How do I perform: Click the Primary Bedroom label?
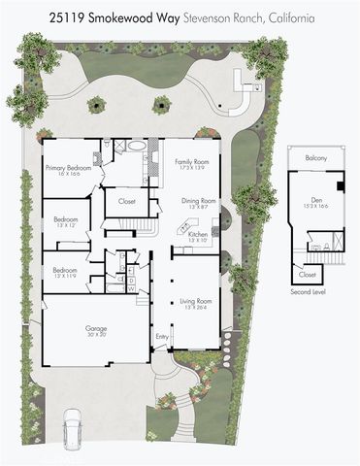click(x=68, y=168)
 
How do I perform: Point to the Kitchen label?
click(x=197, y=234)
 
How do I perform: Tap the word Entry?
click(x=161, y=337)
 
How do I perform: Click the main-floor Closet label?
click(x=126, y=202)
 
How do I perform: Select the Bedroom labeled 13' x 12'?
click(x=66, y=218)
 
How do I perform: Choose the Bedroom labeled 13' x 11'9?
click(x=66, y=270)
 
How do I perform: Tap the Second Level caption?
click(x=310, y=291)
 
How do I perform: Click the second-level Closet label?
click(x=308, y=275)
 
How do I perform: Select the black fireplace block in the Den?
click(x=340, y=185)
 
